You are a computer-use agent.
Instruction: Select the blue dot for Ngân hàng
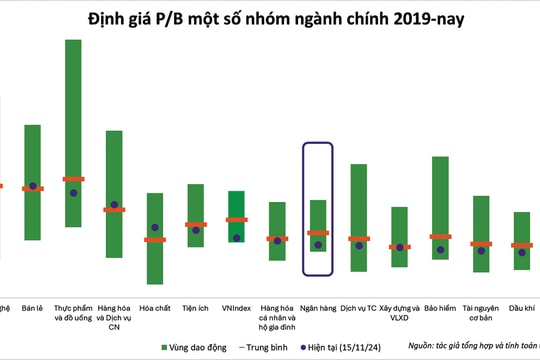click(x=318, y=245)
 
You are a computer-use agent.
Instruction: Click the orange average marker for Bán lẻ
click(x=32, y=188)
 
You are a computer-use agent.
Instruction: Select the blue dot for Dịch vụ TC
click(x=359, y=244)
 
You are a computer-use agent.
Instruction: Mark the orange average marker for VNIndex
click(x=236, y=220)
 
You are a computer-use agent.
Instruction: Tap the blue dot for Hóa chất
click(x=155, y=228)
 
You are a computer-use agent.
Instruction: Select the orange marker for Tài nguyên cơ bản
click(x=481, y=244)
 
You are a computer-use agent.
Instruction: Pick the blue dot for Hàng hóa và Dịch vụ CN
click(x=114, y=205)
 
